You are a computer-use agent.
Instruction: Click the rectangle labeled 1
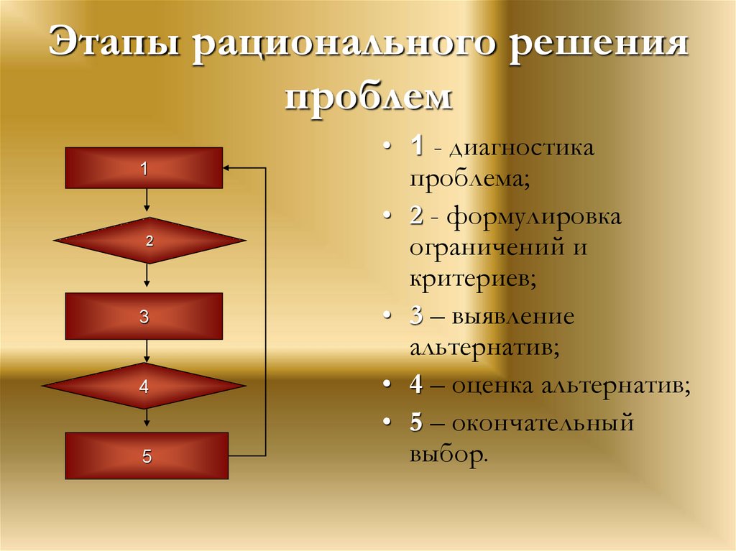(x=144, y=168)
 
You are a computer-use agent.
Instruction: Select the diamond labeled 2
(x=149, y=241)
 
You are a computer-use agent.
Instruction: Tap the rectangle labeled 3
(x=144, y=316)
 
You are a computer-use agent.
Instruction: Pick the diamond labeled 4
(x=144, y=386)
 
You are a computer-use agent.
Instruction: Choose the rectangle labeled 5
(x=147, y=455)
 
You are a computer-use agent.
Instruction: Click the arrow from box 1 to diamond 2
(x=147, y=203)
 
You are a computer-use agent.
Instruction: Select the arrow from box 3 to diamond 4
(x=147, y=351)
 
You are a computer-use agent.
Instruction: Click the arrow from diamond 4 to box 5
(x=147, y=420)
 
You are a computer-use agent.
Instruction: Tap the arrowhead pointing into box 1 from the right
(x=228, y=168)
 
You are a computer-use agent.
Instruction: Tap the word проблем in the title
(x=369, y=96)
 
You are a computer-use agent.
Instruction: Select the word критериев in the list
(x=472, y=277)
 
